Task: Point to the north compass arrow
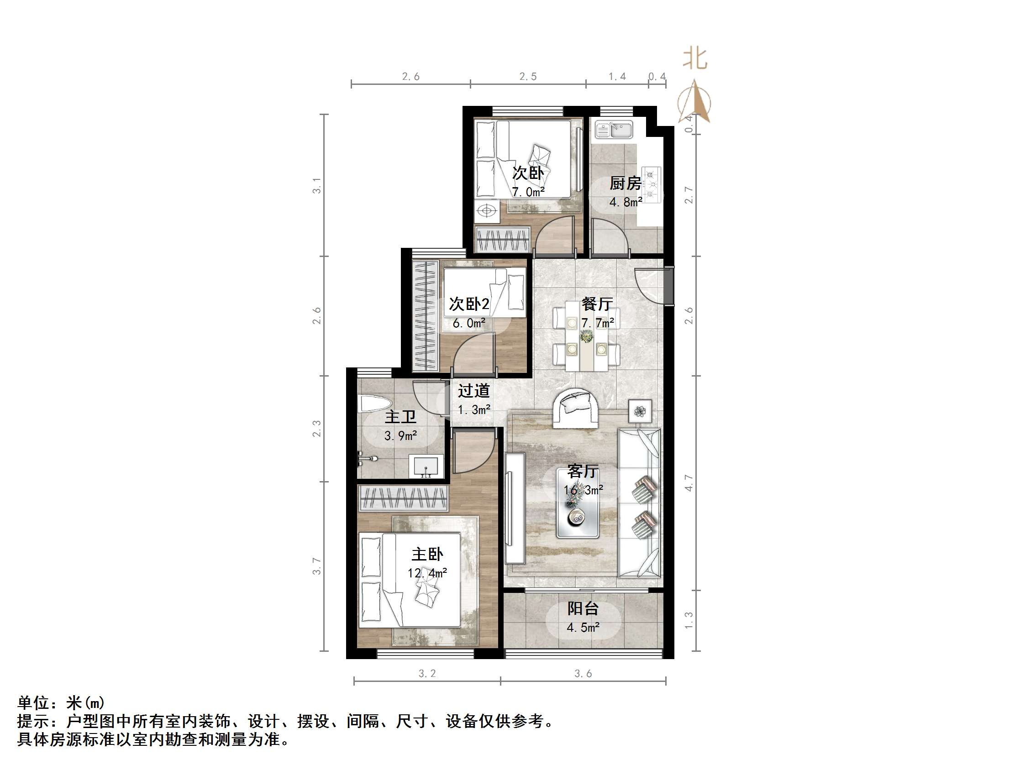point(694,102)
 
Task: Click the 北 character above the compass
point(695,59)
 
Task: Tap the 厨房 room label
point(625,183)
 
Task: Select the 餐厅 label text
point(597,304)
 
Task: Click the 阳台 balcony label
point(583,609)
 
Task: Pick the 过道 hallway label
point(473,391)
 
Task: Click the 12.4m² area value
point(427,573)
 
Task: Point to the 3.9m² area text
point(401,436)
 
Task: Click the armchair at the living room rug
point(576,409)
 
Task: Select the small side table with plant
point(640,410)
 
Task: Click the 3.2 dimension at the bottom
point(427,674)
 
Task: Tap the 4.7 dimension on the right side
point(689,483)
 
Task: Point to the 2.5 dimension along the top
point(528,77)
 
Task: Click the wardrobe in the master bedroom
point(403,498)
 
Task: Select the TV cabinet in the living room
point(515,508)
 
